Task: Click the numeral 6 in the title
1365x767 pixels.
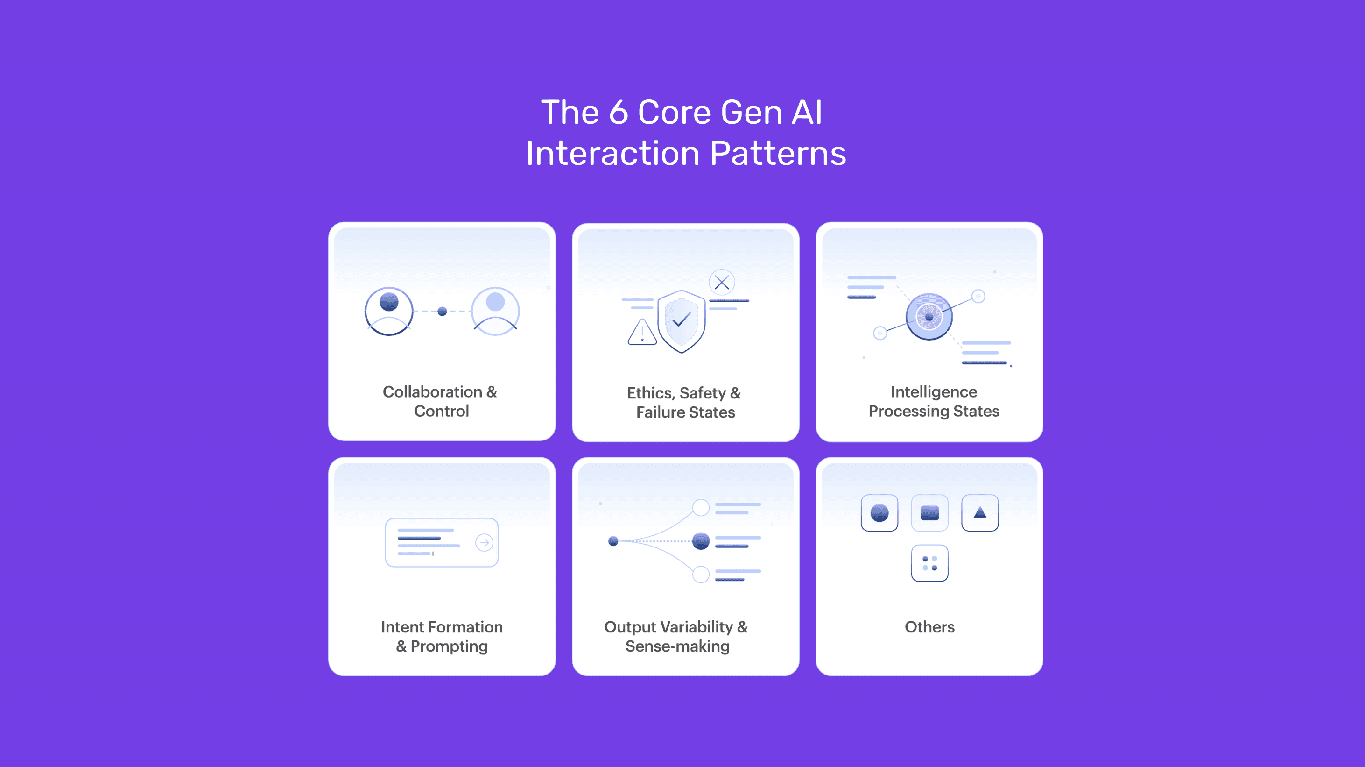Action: pyautogui.click(x=619, y=113)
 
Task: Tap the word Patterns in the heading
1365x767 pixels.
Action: pyautogui.click(x=777, y=154)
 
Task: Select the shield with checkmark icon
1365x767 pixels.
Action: pyautogui.click(x=681, y=321)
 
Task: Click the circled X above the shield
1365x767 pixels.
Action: pyautogui.click(x=722, y=283)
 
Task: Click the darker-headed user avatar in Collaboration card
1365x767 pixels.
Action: pyautogui.click(x=389, y=311)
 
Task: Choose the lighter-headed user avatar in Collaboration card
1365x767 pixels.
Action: pyautogui.click(x=495, y=311)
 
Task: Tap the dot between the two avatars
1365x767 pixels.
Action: pyautogui.click(x=443, y=311)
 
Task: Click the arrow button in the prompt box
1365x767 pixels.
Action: pyautogui.click(x=484, y=542)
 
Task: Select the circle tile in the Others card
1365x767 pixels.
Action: pyautogui.click(x=879, y=512)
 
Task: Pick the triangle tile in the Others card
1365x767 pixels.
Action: pyautogui.click(x=980, y=512)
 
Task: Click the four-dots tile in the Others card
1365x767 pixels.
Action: pyautogui.click(x=929, y=563)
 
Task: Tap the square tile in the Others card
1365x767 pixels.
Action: pyautogui.click(x=929, y=512)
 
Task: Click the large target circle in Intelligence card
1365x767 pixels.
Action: pyautogui.click(x=929, y=316)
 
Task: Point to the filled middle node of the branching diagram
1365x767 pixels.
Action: pyautogui.click(x=701, y=540)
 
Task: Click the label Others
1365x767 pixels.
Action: pyautogui.click(x=929, y=626)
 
